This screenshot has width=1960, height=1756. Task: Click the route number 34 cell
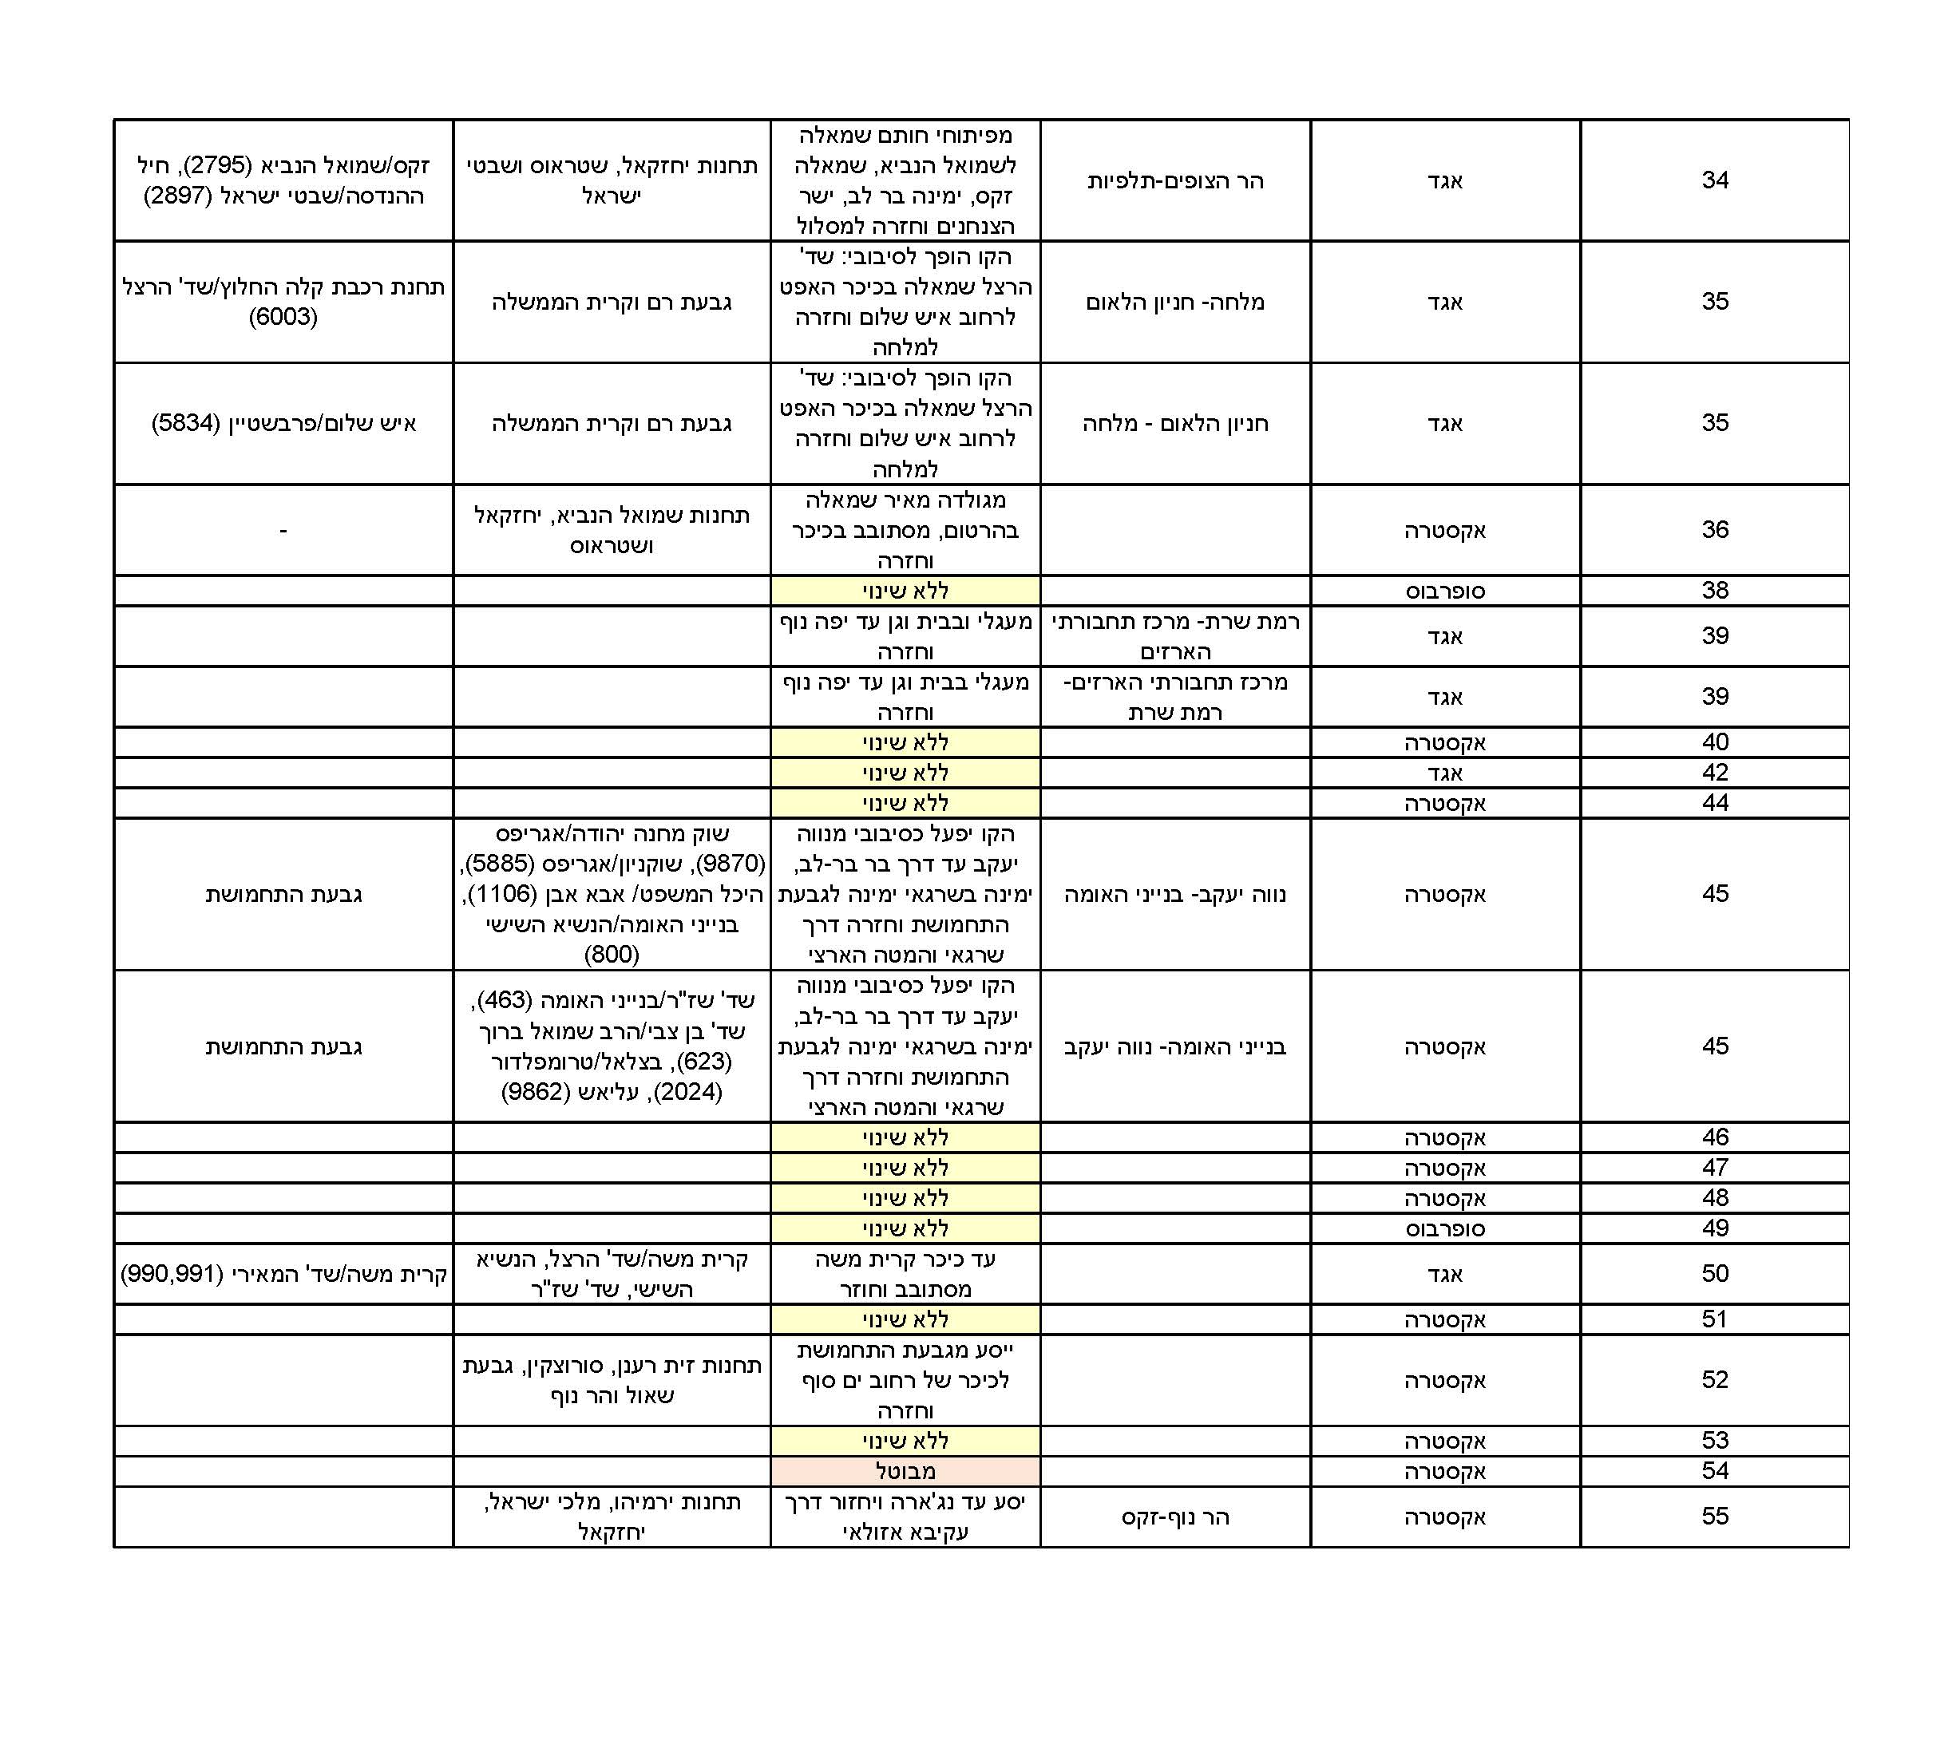point(1713,180)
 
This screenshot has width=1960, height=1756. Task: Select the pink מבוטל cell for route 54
point(905,1470)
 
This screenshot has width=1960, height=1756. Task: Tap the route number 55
point(1713,1516)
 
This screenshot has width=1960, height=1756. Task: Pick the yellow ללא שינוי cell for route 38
point(905,591)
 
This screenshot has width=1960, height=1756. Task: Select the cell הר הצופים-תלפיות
point(1174,180)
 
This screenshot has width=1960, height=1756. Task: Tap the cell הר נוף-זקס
point(1174,1517)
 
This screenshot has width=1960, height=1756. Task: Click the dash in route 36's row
point(283,530)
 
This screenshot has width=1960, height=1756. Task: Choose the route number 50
point(1713,1274)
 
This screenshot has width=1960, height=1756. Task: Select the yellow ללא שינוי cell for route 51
point(905,1319)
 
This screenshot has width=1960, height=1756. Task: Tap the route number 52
point(1713,1380)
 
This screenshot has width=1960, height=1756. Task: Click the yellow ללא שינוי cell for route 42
point(905,773)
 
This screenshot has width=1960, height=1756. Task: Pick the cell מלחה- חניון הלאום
point(1174,302)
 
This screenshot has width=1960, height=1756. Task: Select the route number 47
point(1713,1168)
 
